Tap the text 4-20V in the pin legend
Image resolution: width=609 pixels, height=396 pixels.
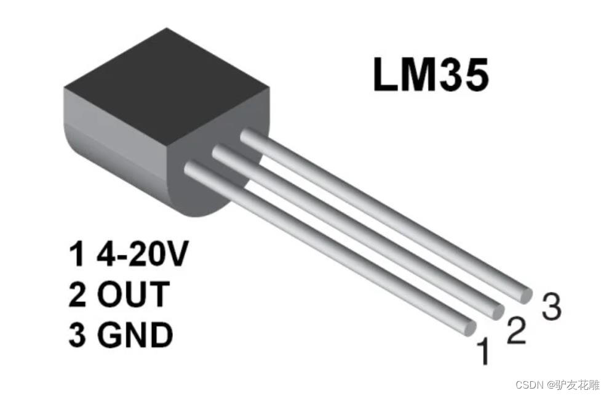tap(141, 255)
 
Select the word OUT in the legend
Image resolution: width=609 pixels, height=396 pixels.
tap(132, 294)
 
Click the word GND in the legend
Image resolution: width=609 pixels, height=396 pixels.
tap(135, 335)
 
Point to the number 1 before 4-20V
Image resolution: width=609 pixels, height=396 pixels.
tap(77, 255)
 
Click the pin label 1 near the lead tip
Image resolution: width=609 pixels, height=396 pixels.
tap(485, 352)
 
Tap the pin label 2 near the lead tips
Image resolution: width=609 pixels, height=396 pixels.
tap(516, 331)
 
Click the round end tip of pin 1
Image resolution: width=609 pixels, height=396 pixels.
tap(469, 327)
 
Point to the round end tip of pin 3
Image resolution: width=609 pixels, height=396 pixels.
tap(525, 295)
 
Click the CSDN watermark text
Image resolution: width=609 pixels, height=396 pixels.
tap(527, 385)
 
